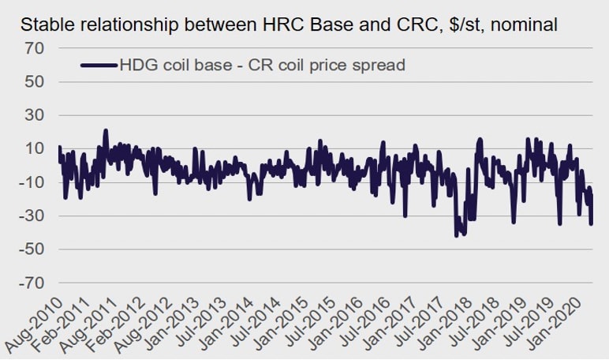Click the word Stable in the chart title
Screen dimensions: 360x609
(x=45, y=24)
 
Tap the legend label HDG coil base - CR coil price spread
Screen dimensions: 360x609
(x=262, y=65)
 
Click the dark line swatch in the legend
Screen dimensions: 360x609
(x=99, y=65)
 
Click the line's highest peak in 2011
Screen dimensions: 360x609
(x=106, y=131)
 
